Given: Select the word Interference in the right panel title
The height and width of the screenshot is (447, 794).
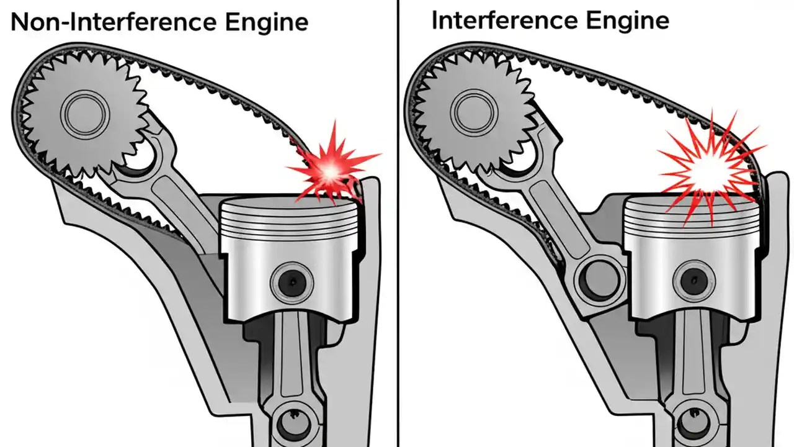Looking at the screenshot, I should click(502, 20).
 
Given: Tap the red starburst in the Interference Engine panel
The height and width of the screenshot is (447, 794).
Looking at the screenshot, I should click(707, 166).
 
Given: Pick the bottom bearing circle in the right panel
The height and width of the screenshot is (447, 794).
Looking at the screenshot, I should click(691, 423).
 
